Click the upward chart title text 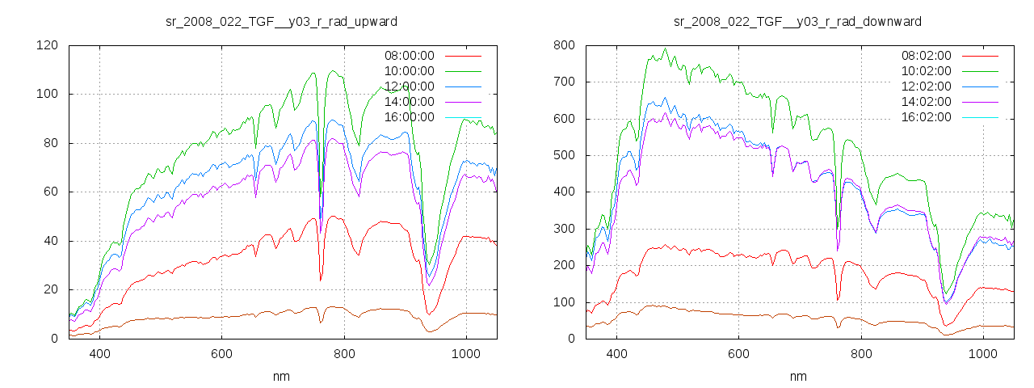[x=281, y=21]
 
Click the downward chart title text [x=798, y=21]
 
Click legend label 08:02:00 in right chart [x=926, y=56]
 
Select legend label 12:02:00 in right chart [x=926, y=86]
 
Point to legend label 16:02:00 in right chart [x=926, y=117]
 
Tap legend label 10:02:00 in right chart [x=926, y=71]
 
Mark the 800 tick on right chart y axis [x=564, y=45]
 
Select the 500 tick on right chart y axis [x=564, y=155]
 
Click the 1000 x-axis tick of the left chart [x=466, y=354]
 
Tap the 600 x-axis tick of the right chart [x=739, y=354]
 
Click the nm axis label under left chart [x=282, y=377]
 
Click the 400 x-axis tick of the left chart [x=100, y=354]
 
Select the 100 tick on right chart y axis [x=564, y=302]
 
